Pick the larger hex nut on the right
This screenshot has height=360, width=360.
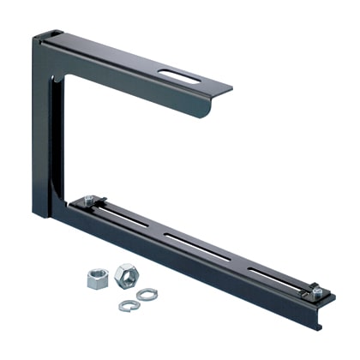[124, 274]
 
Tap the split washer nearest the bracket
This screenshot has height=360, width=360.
[147, 294]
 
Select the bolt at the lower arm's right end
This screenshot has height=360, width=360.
[316, 291]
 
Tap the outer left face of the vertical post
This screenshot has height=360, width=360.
[41, 129]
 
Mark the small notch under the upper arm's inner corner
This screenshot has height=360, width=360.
[59, 80]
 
